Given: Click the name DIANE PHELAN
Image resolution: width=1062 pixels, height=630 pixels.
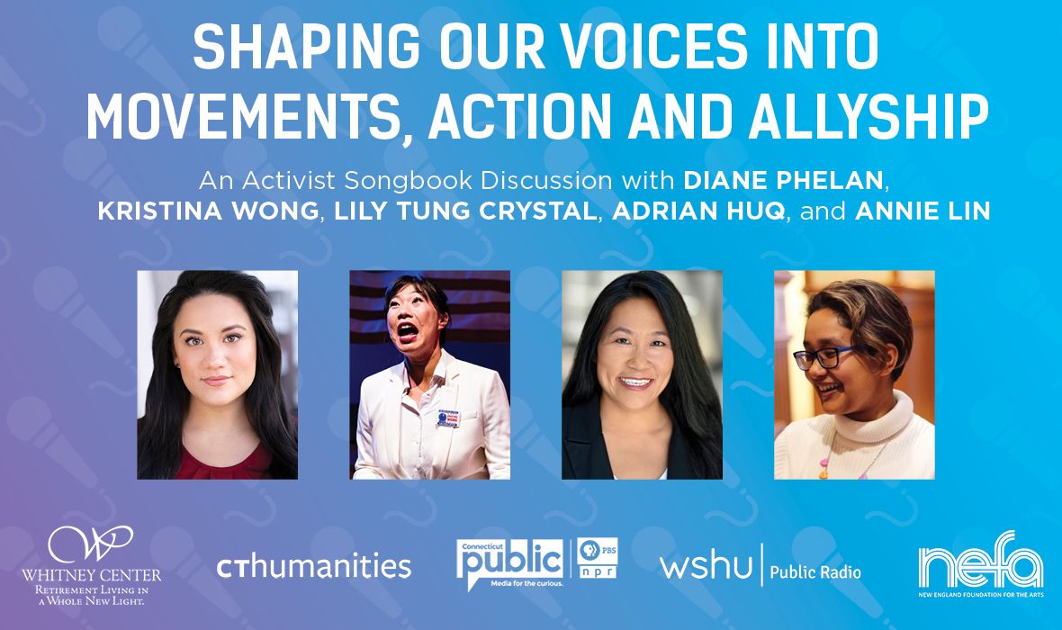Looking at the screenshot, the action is point(784,180).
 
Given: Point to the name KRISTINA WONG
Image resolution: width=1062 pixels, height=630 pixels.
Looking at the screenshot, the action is point(208,211).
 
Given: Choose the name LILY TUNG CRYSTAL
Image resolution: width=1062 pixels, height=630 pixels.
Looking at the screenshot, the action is point(465,211).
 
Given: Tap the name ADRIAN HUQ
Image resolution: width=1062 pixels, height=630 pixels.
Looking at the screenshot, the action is point(698,211).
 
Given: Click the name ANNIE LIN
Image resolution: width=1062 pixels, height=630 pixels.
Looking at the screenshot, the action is point(922,211).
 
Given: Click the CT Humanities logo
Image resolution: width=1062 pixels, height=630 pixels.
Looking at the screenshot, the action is point(313,565).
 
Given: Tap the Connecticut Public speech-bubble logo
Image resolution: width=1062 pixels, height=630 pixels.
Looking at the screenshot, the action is point(510,563).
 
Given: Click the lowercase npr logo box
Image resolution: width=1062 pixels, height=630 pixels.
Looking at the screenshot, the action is point(598,571).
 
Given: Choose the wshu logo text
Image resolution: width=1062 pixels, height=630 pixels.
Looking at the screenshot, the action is point(706,565).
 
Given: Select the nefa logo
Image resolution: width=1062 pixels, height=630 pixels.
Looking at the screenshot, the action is point(981,563).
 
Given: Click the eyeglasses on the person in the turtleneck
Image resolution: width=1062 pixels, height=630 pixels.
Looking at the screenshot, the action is point(823,356).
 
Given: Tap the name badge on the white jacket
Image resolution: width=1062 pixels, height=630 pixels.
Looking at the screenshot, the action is point(447,418).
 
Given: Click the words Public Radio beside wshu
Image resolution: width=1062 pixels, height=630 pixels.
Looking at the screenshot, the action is point(815,572).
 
